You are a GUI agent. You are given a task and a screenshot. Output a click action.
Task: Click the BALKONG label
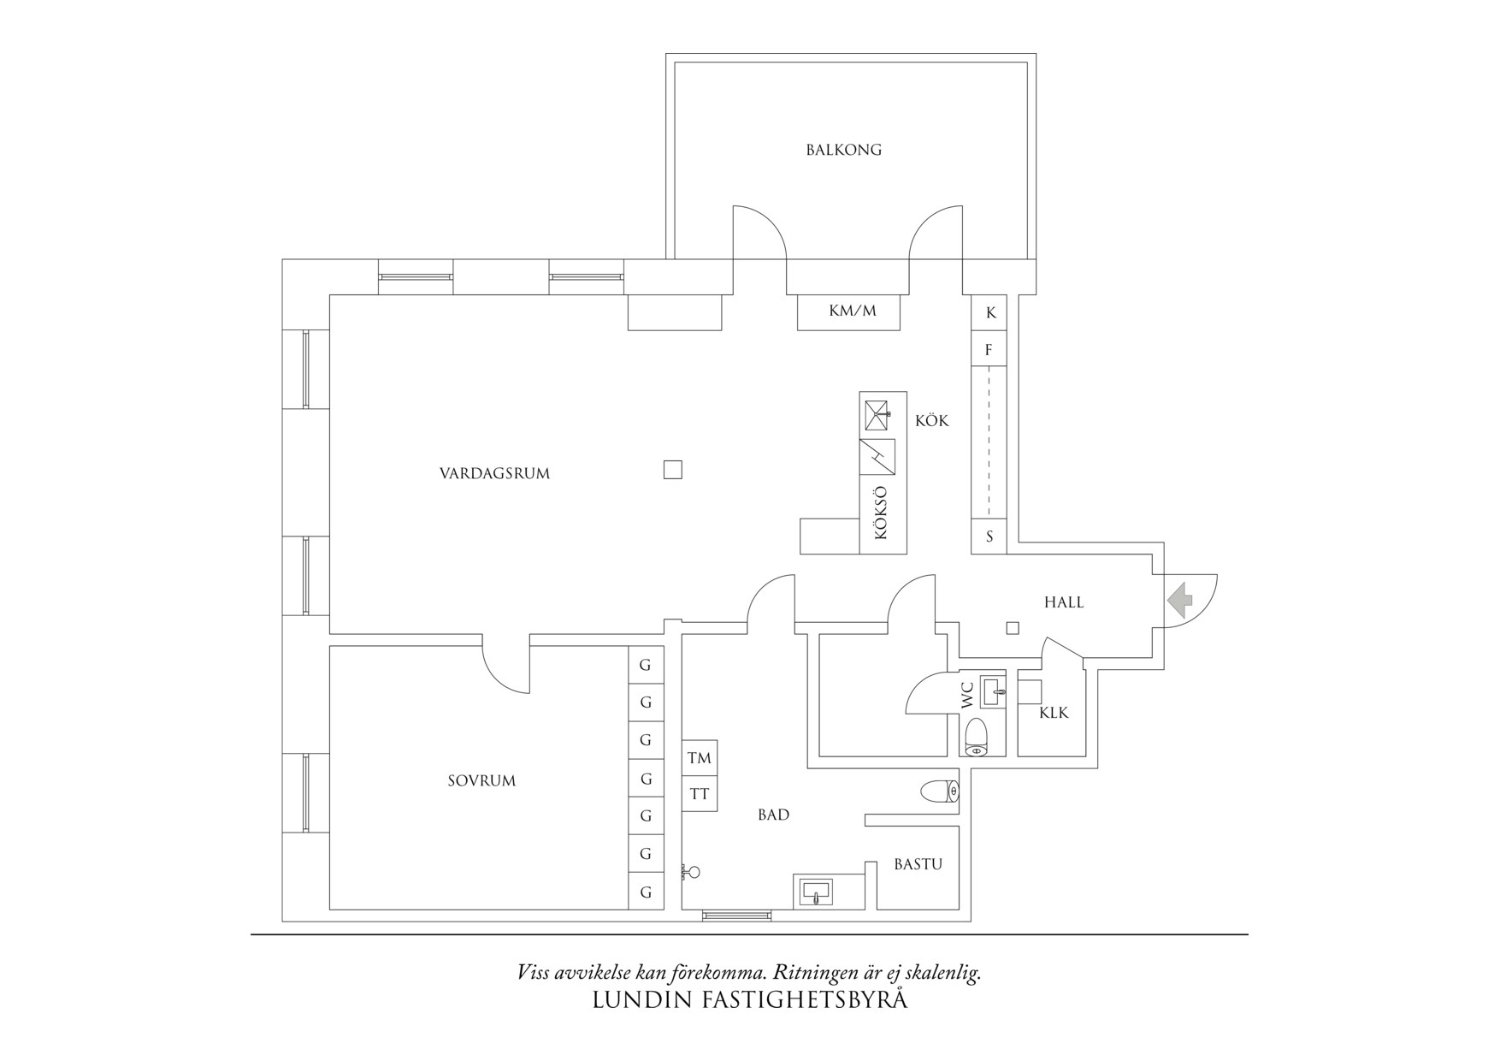tap(843, 150)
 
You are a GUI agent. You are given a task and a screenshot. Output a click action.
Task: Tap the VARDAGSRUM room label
tap(494, 473)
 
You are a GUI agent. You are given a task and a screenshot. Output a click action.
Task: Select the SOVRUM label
tap(481, 780)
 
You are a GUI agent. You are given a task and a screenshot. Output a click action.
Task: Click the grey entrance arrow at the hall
tap(1180, 600)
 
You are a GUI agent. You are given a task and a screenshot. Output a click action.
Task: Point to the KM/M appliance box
tap(852, 311)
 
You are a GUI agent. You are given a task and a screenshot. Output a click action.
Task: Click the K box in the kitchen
tap(990, 312)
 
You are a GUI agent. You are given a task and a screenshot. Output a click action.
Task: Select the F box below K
tap(989, 350)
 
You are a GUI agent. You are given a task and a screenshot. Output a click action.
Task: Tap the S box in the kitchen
tap(989, 536)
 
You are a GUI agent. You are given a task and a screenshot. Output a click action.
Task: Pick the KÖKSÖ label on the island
tap(882, 513)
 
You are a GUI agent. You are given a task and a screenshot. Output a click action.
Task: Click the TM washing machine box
tap(699, 758)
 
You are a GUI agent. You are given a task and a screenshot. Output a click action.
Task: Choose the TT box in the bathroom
tap(699, 794)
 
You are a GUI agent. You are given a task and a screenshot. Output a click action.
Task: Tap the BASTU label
tap(918, 864)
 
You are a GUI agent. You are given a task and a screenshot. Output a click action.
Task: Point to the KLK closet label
tap(1054, 713)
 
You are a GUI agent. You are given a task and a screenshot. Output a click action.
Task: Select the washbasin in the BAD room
tap(817, 892)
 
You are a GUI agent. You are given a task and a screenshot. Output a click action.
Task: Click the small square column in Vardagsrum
tap(673, 469)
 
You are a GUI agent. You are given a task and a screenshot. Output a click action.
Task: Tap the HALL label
tap(1063, 602)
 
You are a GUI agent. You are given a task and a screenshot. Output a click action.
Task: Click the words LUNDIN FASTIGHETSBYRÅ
tap(749, 999)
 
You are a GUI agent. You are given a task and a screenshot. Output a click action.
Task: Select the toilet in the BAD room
tap(941, 791)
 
